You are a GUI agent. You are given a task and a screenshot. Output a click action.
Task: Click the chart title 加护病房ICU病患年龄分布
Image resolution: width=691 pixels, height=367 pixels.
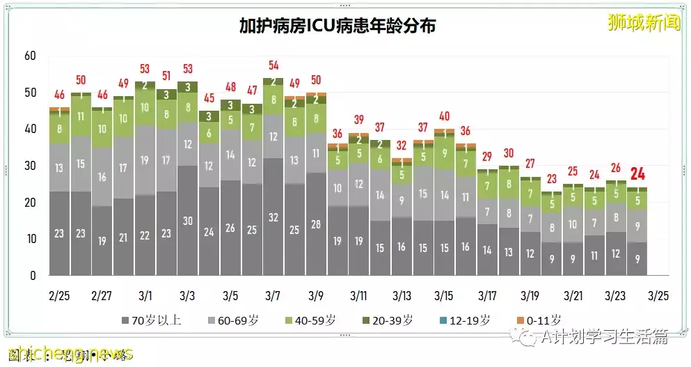pos(337,26)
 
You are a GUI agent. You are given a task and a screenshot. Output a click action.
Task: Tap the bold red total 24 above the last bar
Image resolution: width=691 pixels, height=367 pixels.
pos(637,174)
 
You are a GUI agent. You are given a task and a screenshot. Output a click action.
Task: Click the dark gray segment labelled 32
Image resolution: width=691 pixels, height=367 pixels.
pos(273,217)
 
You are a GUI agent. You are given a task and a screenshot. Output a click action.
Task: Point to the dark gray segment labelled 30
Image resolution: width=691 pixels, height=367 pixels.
pos(188,220)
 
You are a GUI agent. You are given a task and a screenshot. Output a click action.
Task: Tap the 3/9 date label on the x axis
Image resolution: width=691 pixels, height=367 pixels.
pos(316,295)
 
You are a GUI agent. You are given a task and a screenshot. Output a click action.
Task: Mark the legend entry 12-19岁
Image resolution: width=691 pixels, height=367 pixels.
pos(472,321)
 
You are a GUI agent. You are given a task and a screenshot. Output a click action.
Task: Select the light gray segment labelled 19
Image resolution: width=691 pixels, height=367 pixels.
pos(145,160)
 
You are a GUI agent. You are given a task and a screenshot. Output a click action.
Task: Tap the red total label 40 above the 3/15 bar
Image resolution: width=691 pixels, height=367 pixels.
pos(445,116)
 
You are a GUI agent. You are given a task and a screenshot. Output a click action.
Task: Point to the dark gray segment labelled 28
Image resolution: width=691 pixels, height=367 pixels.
pos(316,224)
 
